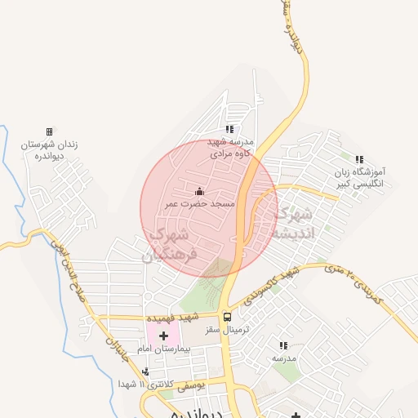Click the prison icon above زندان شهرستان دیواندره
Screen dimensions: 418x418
(49, 131)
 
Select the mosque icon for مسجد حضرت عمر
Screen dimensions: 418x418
(201, 191)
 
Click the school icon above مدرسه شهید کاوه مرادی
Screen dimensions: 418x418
(229, 129)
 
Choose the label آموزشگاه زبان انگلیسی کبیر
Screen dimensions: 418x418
(364, 178)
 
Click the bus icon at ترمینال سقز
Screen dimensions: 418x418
(227, 316)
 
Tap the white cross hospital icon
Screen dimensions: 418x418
(163, 336)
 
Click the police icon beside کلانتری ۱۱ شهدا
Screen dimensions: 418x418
(145, 372)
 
